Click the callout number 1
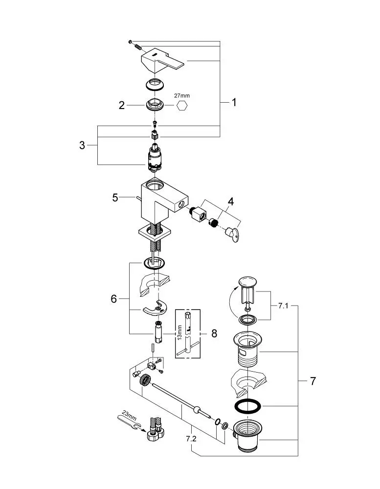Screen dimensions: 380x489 click(234, 102)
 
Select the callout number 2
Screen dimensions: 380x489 click(122, 106)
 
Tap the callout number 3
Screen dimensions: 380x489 click(82, 145)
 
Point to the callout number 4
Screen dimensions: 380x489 click(230, 202)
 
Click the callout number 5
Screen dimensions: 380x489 click(115, 198)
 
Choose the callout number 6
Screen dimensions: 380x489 click(114, 299)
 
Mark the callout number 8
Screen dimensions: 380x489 click(214, 333)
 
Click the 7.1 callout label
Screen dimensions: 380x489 click(283, 306)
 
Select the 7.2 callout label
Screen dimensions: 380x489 click(191, 439)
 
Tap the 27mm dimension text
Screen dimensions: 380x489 click(182, 96)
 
